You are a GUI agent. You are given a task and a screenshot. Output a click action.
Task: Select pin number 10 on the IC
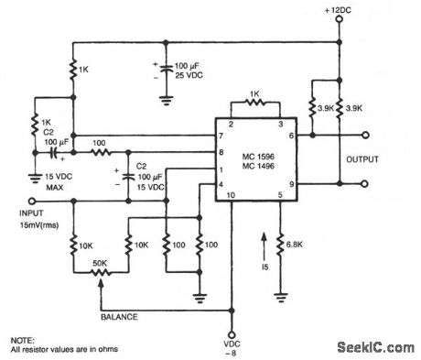(x=230, y=196)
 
